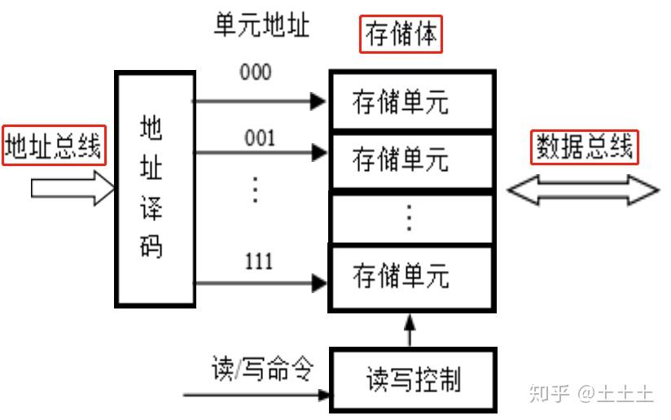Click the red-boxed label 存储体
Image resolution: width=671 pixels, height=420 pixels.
pos(401,34)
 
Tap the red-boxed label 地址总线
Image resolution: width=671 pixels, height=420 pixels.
pos(54,146)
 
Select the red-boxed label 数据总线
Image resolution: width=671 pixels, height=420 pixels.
pos(585,147)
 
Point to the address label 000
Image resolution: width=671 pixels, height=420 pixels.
pos(256,72)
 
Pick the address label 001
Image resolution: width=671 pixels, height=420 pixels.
pos(259,138)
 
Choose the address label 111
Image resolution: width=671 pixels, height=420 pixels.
pos(258,261)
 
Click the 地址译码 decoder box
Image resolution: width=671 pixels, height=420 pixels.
pos(156,189)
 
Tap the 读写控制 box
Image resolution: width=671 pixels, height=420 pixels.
pos(413,380)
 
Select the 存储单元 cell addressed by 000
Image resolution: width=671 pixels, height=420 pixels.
pos(413,101)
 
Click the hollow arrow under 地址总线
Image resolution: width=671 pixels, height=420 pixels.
pos(72,188)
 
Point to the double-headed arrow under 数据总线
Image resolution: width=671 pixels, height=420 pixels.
pos(583,190)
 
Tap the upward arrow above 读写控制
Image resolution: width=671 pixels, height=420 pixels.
pos(410,330)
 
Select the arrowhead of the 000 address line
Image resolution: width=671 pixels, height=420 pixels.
pos(318,102)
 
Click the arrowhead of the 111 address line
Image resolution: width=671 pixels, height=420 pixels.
pos(319,283)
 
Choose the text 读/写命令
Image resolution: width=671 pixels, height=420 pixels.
pos(262,369)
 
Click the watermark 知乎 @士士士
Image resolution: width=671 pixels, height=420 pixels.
pos(591,393)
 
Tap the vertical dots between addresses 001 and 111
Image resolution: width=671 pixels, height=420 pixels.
pos(256,190)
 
